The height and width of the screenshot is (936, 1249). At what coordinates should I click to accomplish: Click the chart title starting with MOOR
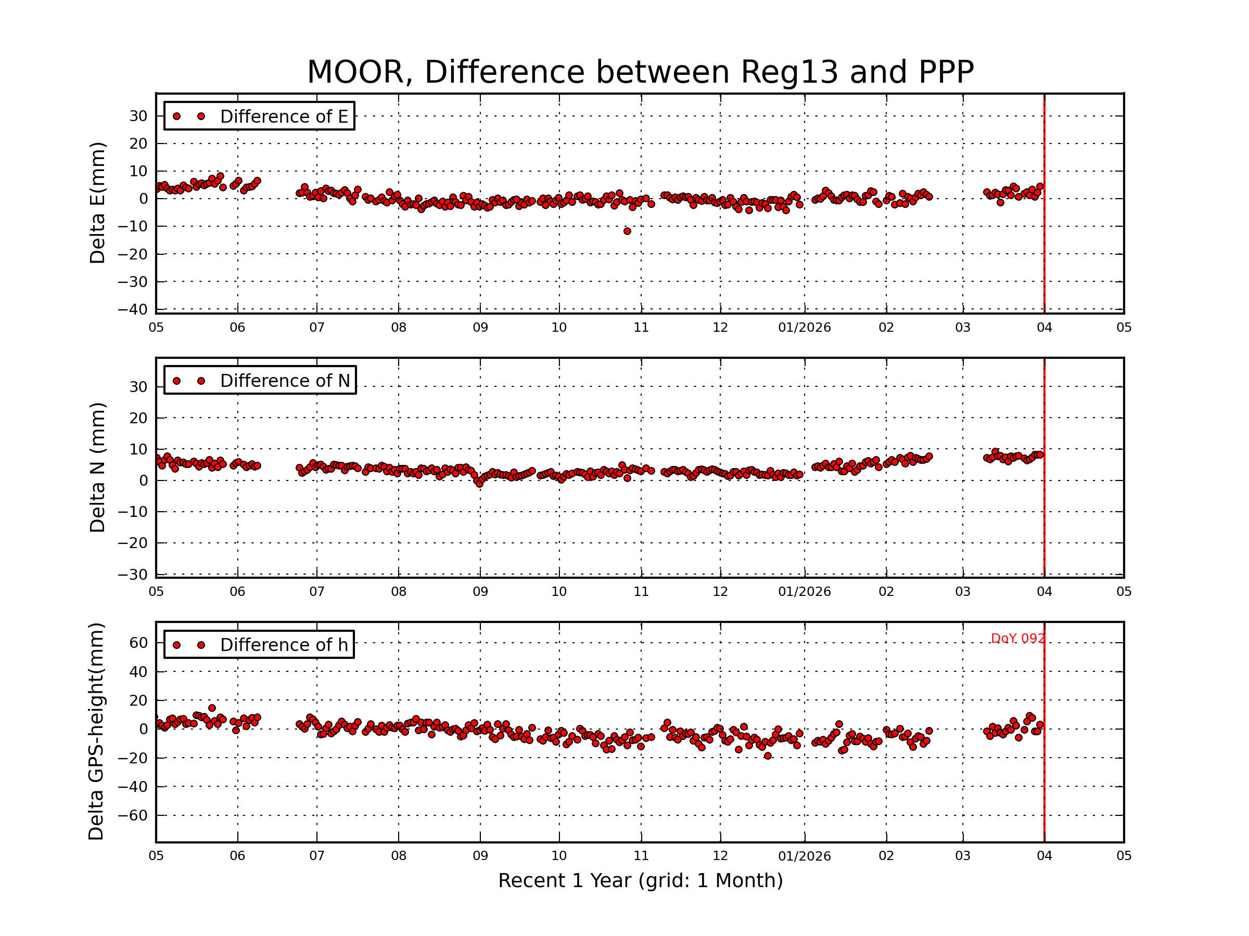[640, 72]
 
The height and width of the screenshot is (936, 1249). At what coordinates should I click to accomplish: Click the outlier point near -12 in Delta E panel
[627, 231]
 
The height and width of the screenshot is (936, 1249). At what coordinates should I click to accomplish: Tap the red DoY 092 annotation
[1017, 638]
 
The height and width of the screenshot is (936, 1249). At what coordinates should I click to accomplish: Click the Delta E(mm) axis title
[98, 203]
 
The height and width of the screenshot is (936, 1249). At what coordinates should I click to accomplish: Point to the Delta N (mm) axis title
[98, 467]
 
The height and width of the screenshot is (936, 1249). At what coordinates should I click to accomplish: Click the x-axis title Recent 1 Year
[640, 881]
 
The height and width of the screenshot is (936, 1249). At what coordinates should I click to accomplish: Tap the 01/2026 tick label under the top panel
[804, 328]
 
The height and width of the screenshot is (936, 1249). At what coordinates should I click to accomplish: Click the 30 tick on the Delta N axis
[138, 387]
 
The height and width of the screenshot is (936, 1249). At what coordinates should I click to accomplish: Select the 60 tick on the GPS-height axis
[138, 643]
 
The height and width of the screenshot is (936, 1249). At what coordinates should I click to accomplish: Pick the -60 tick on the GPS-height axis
[133, 815]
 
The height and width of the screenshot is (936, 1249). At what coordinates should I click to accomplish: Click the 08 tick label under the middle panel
[399, 592]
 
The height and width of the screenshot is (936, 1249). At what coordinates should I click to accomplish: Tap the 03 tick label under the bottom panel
[963, 856]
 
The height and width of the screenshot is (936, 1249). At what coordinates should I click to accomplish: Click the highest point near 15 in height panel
[212, 708]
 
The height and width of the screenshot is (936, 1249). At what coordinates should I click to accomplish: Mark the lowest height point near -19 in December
[768, 756]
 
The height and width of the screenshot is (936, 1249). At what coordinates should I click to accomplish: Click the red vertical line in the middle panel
[1044, 469]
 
